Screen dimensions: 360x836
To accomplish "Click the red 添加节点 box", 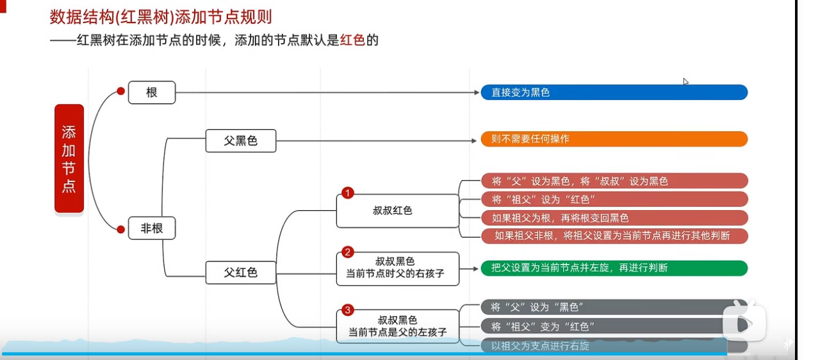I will coord(69,158).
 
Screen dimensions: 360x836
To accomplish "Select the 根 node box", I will coord(152,92).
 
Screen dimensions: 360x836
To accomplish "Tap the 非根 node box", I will coord(152,229).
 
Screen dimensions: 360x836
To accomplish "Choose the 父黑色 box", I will coord(240,141).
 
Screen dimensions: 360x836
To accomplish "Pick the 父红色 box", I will coord(240,272).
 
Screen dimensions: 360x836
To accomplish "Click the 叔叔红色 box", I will coord(397,210).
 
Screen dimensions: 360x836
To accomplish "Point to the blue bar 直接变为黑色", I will coord(614,92).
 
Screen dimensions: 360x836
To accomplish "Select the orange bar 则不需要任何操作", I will coord(614,139).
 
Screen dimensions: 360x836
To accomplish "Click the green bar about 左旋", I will coord(614,268).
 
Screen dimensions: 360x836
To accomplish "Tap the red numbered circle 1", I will coord(348,193).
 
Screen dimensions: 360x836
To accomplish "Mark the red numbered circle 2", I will coord(348,252).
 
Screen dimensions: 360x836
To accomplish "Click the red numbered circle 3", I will coord(348,311).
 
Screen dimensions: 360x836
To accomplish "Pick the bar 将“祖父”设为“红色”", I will coord(614,199).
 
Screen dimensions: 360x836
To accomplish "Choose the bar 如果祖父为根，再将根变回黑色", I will coord(614,218).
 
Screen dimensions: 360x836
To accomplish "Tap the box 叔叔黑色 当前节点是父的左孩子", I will coord(397,326).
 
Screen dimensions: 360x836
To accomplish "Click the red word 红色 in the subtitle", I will coord(352,40).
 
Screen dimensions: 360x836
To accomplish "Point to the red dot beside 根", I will coord(120,92).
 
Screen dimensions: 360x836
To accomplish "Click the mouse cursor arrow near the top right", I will coord(685,81).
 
